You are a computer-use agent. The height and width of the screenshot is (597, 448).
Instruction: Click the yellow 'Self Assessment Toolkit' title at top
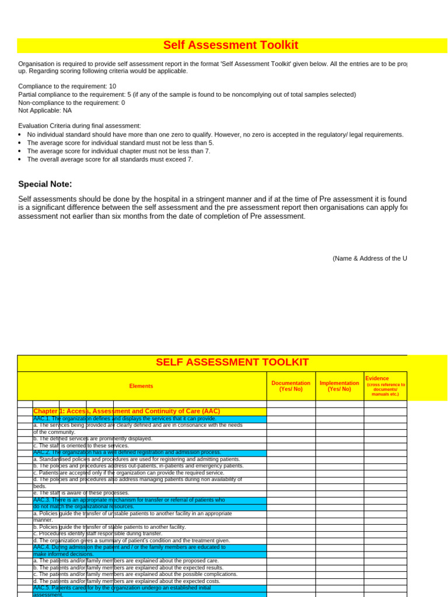pos(230,45)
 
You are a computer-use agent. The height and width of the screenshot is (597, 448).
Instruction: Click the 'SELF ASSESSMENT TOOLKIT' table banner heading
pos(232,363)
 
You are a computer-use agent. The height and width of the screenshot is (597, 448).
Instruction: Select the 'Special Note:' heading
pos(45,184)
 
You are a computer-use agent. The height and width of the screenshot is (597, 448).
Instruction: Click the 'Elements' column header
pos(141,386)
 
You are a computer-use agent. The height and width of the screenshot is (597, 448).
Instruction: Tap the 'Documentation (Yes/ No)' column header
pos(291,386)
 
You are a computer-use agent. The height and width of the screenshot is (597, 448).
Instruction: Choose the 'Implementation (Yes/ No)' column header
pos(339,386)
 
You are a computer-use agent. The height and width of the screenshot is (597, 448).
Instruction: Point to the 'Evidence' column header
pos(377,379)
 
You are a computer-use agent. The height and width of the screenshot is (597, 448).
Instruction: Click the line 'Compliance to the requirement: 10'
pos(67,86)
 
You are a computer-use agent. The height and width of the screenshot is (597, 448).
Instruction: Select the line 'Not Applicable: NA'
pos(45,110)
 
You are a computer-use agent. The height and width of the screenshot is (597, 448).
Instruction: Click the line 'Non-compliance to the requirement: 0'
pos(71,103)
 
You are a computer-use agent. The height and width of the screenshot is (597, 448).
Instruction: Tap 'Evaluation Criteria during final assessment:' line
pos(79,125)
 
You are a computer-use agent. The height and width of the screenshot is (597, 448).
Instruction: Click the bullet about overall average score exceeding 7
pos(110,159)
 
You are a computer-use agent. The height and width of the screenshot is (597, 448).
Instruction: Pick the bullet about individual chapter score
pos(118,151)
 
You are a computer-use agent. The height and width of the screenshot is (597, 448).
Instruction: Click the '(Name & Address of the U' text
pos(370,258)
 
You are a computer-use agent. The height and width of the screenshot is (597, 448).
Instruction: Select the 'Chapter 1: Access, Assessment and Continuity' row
pos(127,412)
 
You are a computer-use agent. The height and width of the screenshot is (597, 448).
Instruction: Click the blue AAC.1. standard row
pos(125,419)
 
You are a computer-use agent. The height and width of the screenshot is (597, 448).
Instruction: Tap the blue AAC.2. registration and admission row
pos(127,452)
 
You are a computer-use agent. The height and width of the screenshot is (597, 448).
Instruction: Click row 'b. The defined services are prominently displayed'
pos(93,439)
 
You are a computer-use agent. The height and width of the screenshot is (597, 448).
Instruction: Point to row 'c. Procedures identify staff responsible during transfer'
pos(97,533)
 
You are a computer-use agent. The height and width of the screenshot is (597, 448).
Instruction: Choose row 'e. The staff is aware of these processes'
pos(81,493)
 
